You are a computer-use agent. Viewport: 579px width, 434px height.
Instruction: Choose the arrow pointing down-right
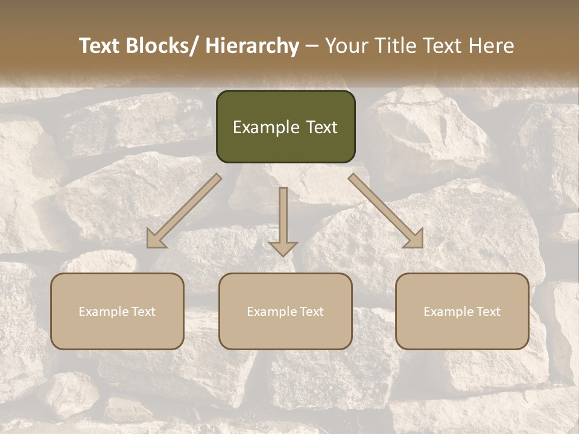click(386, 211)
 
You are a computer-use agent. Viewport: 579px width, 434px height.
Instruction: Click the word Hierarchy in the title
click(252, 46)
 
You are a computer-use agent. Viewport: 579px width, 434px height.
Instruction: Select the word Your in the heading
click(346, 46)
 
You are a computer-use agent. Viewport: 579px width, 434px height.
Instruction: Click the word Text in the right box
click(488, 312)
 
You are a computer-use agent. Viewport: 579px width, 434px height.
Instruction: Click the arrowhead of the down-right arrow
click(415, 239)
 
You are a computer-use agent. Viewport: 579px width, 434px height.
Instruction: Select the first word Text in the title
click(101, 46)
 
